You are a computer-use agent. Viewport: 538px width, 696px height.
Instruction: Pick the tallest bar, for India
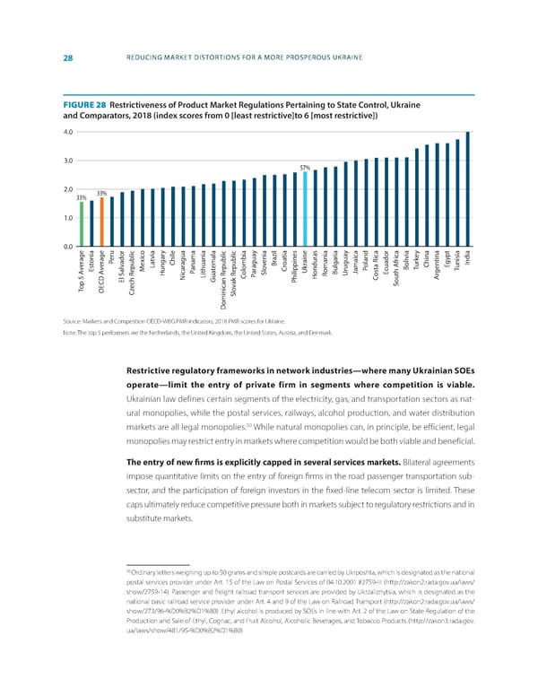[467, 189]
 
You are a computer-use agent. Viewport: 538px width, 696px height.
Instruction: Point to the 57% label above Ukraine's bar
[305, 168]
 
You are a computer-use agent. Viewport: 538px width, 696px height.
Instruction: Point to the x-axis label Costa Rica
[376, 268]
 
